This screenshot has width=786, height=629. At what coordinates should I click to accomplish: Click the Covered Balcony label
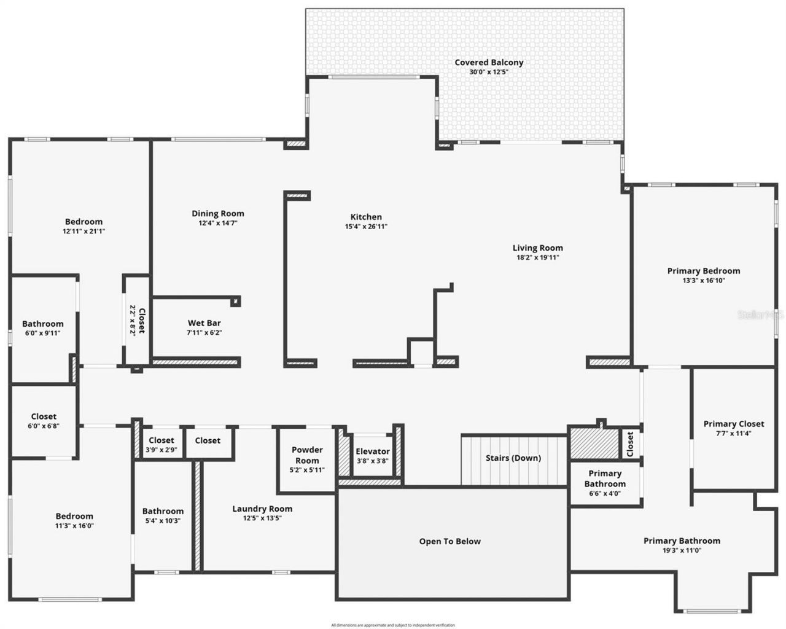tap(489, 63)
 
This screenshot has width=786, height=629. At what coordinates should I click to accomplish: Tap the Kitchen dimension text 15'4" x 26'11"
tap(366, 227)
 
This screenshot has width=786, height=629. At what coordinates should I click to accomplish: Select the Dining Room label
tap(218, 214)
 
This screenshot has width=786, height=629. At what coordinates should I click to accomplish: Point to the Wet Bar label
tap(204, 323)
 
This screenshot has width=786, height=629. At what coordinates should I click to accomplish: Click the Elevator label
tap(373, 451)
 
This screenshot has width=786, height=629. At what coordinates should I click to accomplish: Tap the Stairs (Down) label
tap(513, 458)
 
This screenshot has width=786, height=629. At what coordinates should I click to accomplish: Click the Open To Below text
tap(450, 541)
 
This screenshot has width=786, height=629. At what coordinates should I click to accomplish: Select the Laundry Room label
tap(262, 509)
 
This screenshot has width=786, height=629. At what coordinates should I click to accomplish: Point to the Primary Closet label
tap(734, 424)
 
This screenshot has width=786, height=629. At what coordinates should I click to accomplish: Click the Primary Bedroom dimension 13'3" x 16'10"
tap(704, 281)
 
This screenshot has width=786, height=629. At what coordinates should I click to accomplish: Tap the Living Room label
tap(538, 248)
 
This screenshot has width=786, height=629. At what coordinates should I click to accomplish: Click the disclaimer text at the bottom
tap(393, 625)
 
